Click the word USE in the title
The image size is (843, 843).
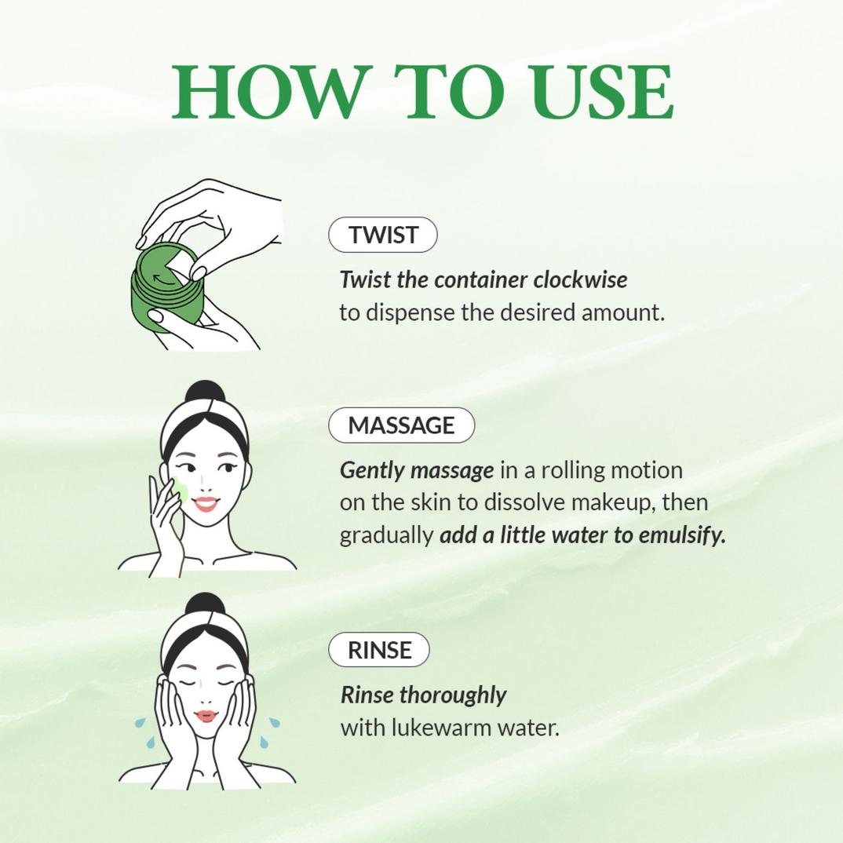602,92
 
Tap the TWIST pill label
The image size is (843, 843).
383,235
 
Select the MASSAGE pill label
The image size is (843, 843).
401,425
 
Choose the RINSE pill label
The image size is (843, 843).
379,650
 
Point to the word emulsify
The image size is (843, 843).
681,535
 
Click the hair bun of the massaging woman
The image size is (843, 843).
205,392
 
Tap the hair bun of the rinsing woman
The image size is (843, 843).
205,604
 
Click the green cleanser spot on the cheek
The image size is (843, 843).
180,493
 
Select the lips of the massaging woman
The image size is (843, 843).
206,503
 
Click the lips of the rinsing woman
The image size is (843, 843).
206,716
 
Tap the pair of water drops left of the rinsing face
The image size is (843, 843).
144,730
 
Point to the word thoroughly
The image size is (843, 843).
453,695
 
